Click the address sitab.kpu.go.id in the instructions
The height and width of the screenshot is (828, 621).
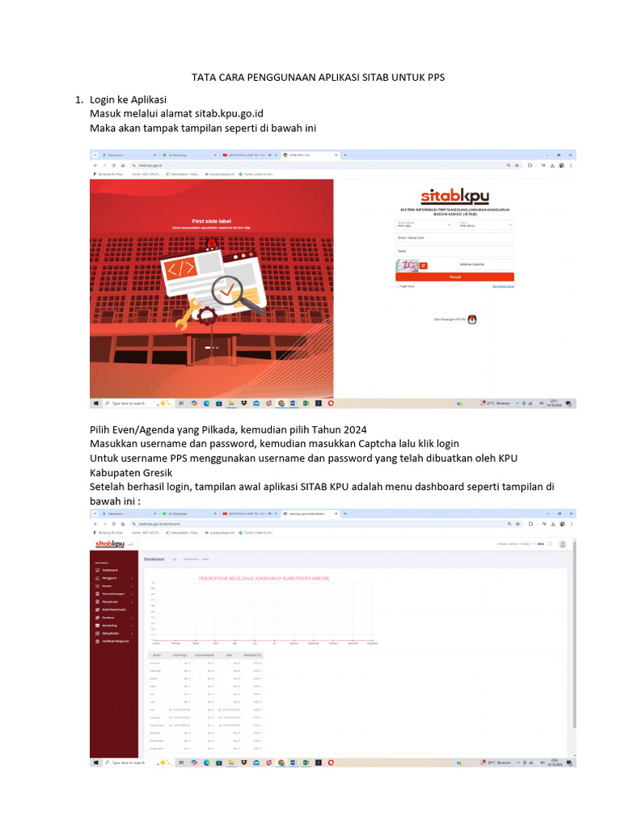tap(230, 113)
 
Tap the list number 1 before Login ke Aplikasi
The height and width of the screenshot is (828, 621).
tap(78, 99)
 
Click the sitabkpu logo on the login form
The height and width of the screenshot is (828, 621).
tap(454, 196)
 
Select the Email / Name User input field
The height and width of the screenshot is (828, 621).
tap(454, 238)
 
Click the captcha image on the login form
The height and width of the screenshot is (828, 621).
tap(407, 264)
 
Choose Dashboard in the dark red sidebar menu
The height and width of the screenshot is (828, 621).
tap(109, 570)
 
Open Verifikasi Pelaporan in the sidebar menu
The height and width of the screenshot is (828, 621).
tap(115, 641)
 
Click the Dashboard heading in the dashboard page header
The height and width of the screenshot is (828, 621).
tap(154, 559)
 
